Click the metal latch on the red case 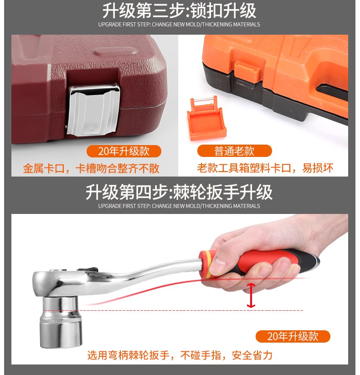[93, 110]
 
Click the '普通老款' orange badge [234, 151]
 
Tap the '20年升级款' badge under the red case [124, 151]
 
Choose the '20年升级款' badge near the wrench [293, 336]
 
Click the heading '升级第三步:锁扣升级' [180, 11]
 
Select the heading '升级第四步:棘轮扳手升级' [179, 192]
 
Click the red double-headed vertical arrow [251, 295]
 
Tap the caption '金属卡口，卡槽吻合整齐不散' [91, 168]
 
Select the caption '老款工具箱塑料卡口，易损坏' [265, 168]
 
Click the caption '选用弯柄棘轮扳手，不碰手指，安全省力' [180, 355]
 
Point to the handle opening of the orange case [333, 91]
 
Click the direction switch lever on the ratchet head [87, 270]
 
